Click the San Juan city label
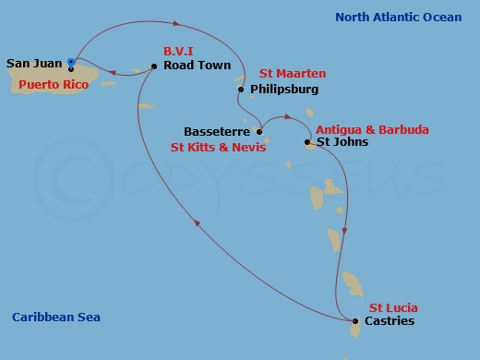coord(34,64)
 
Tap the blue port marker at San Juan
coord(71,63)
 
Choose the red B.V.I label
coord(178,53)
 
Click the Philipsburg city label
coord(284,90)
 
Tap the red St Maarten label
coord(293,73)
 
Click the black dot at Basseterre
coord(259,132)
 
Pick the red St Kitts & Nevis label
coord(219,147)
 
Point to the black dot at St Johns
coord(307,142)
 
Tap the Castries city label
coord(390,321)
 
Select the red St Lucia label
coord(393,307)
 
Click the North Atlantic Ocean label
coord(400,17)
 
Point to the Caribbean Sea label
coord(55,318)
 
